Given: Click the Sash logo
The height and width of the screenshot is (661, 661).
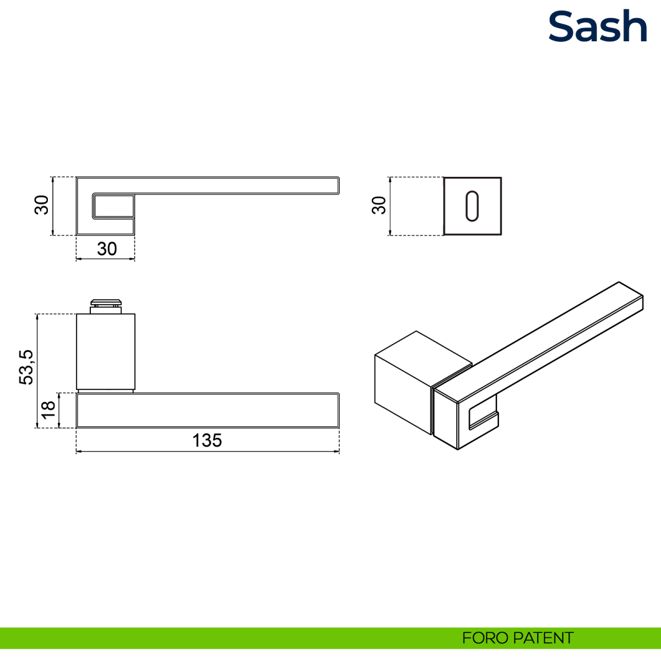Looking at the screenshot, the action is coord(598,26).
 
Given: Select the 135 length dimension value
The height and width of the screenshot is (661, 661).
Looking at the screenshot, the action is coord(207,440).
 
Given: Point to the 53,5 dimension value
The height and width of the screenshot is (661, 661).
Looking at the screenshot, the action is coord(26,367).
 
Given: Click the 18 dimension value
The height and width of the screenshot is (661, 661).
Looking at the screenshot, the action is coord(48,410).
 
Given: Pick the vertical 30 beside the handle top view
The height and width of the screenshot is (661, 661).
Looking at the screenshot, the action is coord(42,205).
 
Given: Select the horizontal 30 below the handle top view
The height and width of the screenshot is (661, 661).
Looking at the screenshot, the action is coord(107,248).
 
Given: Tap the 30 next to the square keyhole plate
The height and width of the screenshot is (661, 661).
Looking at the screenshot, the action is coord(378,205).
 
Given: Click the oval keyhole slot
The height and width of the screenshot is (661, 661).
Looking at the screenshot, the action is coord(472,206).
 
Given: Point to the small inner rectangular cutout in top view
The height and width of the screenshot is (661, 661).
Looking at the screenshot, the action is coord(113,206).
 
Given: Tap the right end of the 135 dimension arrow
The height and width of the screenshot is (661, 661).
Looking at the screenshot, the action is coord(339,452).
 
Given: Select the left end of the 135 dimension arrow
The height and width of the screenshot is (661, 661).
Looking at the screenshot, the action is coord(76,452).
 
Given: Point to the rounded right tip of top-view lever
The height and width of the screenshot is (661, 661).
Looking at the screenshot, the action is coord(339,186).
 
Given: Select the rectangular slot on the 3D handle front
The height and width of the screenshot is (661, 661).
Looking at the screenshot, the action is coord(483,416).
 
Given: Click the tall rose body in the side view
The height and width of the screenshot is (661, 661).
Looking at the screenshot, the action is coord(106,351).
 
